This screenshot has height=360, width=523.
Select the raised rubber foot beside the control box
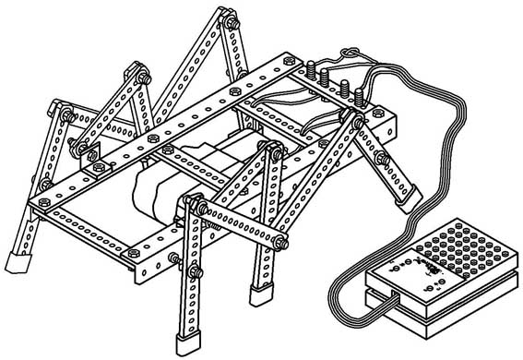(x=407, y=195)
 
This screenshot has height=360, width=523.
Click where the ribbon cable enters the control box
(x=393, y=299)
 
